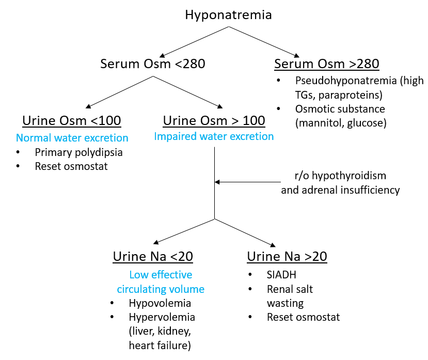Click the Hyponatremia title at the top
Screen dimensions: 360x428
click(229, 14)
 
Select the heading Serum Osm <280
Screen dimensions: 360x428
click(152, 64)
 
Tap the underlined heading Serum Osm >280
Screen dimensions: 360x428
click(327, 64)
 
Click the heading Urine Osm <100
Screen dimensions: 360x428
click(72, 121)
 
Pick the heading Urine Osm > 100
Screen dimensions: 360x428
click(214, 121)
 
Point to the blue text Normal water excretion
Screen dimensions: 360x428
click(72, 138)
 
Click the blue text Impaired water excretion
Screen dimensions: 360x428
click(214, 136)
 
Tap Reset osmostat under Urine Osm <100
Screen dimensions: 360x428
click(71, 166)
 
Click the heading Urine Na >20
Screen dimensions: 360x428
click(287, 257)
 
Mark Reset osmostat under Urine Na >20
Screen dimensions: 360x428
click(303, 317)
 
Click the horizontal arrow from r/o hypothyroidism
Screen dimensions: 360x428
click(248, 182)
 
